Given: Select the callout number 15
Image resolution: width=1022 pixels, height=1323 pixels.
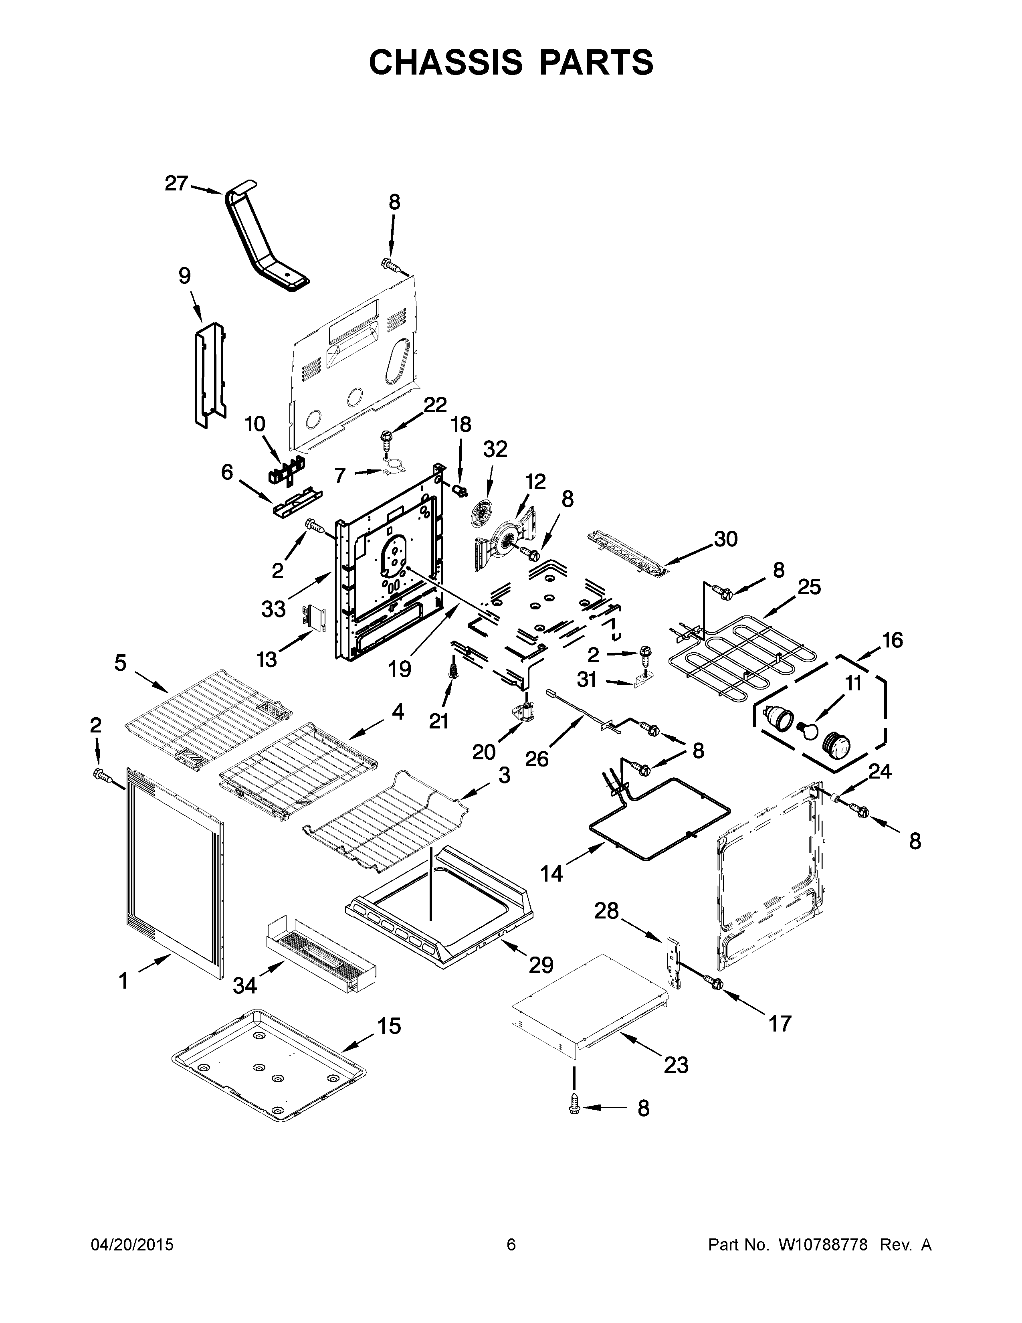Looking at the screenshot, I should [x=389, y=1026].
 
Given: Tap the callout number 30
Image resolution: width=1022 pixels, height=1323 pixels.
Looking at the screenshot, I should [x=725, y=538].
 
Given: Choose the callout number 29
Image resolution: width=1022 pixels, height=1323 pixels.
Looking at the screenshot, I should [x=541, y=964].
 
